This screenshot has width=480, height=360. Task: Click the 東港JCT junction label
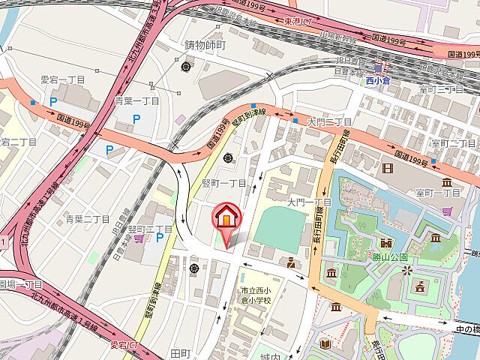point(298,21)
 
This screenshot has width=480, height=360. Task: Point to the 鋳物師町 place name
point(205,45)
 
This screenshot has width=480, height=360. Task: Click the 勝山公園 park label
point(390,256)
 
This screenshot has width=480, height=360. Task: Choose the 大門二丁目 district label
point(330,121)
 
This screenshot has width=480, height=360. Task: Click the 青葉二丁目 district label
point(88,219)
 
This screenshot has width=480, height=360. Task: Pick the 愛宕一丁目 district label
point(63,79)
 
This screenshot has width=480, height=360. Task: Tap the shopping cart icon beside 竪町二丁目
point(139,238)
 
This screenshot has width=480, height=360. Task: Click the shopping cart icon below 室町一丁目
point(448,211)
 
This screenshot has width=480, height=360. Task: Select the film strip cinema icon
point(387,166)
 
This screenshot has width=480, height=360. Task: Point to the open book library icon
point(325,344)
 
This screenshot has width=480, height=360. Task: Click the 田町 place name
point(181,352)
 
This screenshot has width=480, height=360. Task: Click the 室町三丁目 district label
point(440,89)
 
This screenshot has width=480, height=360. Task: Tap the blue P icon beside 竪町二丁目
point(160,238)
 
